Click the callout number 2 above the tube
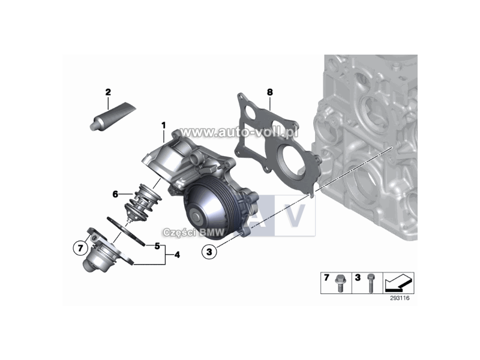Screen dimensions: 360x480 pyautogui.click(x=108, y=92)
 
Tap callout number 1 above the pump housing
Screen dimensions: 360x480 pyautogui.click(x=163, y=125)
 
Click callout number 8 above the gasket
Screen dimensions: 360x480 pyautogui.click(x=270, y=92)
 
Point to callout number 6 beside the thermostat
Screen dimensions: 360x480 pyautogui.click(x=115, y=194)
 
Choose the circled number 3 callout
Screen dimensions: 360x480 pyautogui.click(x=209, y=253)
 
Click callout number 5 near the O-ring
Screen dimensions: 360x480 pyautogui.click(x=157, y=246)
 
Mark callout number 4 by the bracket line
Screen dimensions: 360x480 pyautogui.click(x=177, y=255)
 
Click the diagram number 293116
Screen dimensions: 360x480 pyautogui.click(x=399, y=298)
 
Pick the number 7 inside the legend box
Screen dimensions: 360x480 pyautogui.click(x=327, y=278)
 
